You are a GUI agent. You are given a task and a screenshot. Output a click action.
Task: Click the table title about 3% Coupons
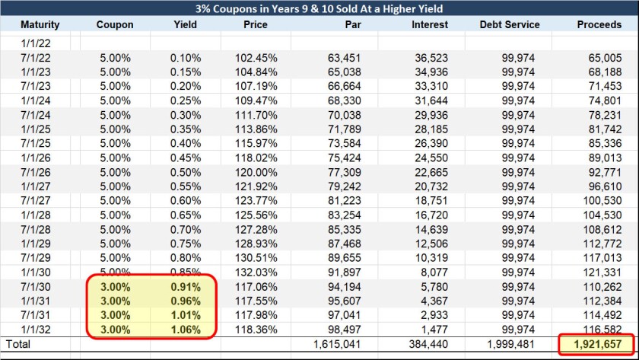[319, 9]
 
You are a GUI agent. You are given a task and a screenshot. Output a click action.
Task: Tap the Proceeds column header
[599, 24]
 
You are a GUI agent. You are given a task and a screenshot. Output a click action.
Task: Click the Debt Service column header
[510, 24]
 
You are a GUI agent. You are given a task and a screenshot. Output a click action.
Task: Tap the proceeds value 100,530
[606, 202]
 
